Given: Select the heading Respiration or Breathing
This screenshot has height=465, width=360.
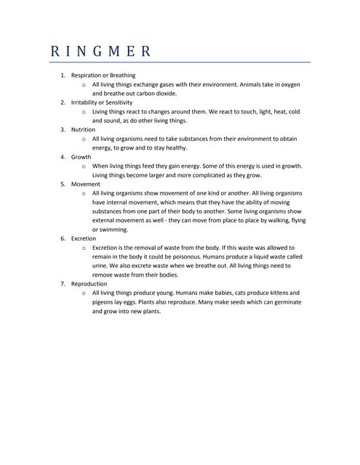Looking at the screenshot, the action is tap(103, 76).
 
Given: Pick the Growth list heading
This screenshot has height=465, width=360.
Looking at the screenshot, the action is tap(81, 157).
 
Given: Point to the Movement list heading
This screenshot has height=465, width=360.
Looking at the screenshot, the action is tap(86, 184).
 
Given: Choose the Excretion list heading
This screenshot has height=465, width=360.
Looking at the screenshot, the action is tap(84, 238).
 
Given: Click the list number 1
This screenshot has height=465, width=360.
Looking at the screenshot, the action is tap(63, 76).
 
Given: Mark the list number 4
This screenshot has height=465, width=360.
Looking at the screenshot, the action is tap(63, 157).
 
